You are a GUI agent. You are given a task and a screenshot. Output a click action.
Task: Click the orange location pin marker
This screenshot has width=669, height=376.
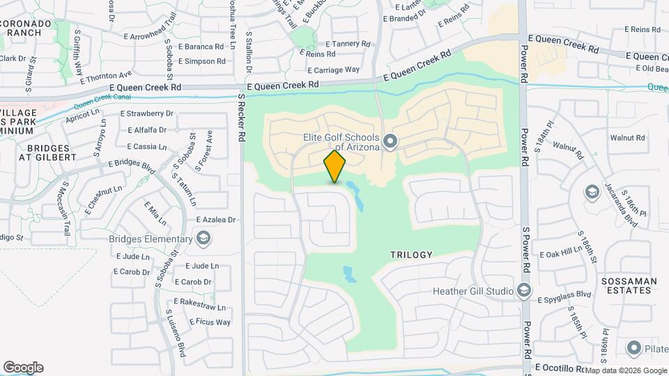point(335,166)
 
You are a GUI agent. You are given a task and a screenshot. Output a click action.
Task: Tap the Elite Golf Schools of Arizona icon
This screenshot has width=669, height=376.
point(390,143)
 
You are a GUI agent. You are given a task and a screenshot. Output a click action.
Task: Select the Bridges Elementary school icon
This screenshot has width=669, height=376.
point(203,240)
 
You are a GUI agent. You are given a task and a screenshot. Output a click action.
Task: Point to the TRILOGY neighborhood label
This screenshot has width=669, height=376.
point(412,255)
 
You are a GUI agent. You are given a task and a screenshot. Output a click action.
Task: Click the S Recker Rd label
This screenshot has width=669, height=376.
point(241,118)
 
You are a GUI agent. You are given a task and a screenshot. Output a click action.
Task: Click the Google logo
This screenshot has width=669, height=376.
point(23,368)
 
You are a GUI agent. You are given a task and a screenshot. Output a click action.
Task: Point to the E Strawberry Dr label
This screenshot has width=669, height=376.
point(146,113)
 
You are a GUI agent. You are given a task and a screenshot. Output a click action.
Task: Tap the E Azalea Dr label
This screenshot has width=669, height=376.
point(216,219)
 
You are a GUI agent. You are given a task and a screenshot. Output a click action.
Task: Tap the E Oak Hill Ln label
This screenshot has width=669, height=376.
point(561,254)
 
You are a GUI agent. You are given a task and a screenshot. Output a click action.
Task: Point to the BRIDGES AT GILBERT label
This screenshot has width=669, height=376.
point(50,152)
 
